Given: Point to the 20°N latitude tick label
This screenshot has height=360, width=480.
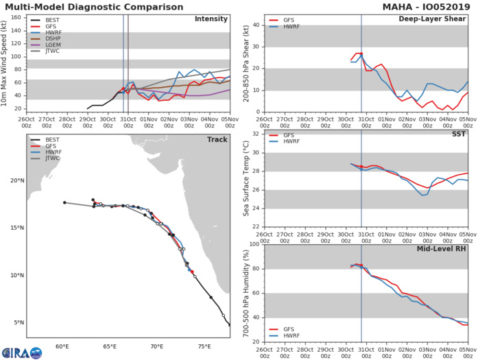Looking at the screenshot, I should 16,181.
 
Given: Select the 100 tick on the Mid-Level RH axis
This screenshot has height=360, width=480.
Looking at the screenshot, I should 254,245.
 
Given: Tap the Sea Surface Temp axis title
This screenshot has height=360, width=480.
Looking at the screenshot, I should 245,179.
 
